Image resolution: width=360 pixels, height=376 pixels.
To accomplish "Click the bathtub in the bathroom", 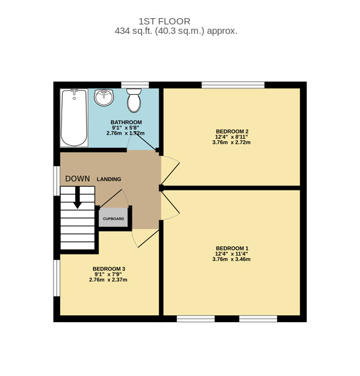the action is [74, 118].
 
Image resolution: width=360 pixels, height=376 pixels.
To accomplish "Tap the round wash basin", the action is [103, 97].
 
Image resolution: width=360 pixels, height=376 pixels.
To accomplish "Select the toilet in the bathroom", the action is [134, 100].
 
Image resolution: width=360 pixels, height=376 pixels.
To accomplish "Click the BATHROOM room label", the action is [126, 122].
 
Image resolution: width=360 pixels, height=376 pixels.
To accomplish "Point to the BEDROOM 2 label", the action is [232, 132].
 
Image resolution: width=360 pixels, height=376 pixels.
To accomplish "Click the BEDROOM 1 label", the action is [232, 248].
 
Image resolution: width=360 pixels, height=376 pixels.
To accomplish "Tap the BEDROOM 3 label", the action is [109, 269].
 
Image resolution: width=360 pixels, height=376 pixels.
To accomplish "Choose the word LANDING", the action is [109, 179].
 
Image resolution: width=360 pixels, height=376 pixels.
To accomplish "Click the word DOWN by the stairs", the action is [78, 179].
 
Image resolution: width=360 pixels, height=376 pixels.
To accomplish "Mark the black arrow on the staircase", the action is [77, 197].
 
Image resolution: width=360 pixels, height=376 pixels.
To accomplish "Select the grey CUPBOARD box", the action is [114, 217].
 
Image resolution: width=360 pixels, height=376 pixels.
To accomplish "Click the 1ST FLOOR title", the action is [165, 21].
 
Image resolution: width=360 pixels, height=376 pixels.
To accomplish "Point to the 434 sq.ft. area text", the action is [176, 31].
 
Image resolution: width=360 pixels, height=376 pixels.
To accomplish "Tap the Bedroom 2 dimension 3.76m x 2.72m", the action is [231, 142].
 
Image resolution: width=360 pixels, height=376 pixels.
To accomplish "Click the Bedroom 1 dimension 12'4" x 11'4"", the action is [231, 254].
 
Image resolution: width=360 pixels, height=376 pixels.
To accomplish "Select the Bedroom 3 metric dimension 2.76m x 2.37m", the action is [109, 279].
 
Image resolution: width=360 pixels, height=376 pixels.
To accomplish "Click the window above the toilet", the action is [135, 85].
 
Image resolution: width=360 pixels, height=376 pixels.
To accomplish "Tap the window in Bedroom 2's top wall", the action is [233, 85].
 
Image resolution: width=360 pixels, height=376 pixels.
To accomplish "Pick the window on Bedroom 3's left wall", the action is [57, 278].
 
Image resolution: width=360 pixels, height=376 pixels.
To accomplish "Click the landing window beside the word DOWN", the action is [57, 181].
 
